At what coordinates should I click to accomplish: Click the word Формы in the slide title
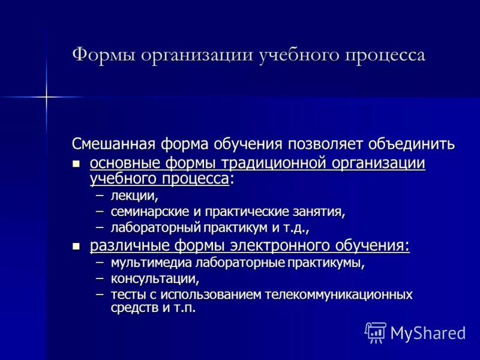(x=103, y=55)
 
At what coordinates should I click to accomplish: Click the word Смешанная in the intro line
(x=114, y=145)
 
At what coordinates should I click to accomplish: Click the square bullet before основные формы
(x=76, y=164)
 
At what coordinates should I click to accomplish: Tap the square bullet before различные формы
(x=76, y=246)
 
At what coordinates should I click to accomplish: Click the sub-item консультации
(x=154, y=279)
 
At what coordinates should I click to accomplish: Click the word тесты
(x=127, y=295)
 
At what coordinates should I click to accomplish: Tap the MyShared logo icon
(x=375, y=332)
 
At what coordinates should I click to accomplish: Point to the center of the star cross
(x=46, y=96)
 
